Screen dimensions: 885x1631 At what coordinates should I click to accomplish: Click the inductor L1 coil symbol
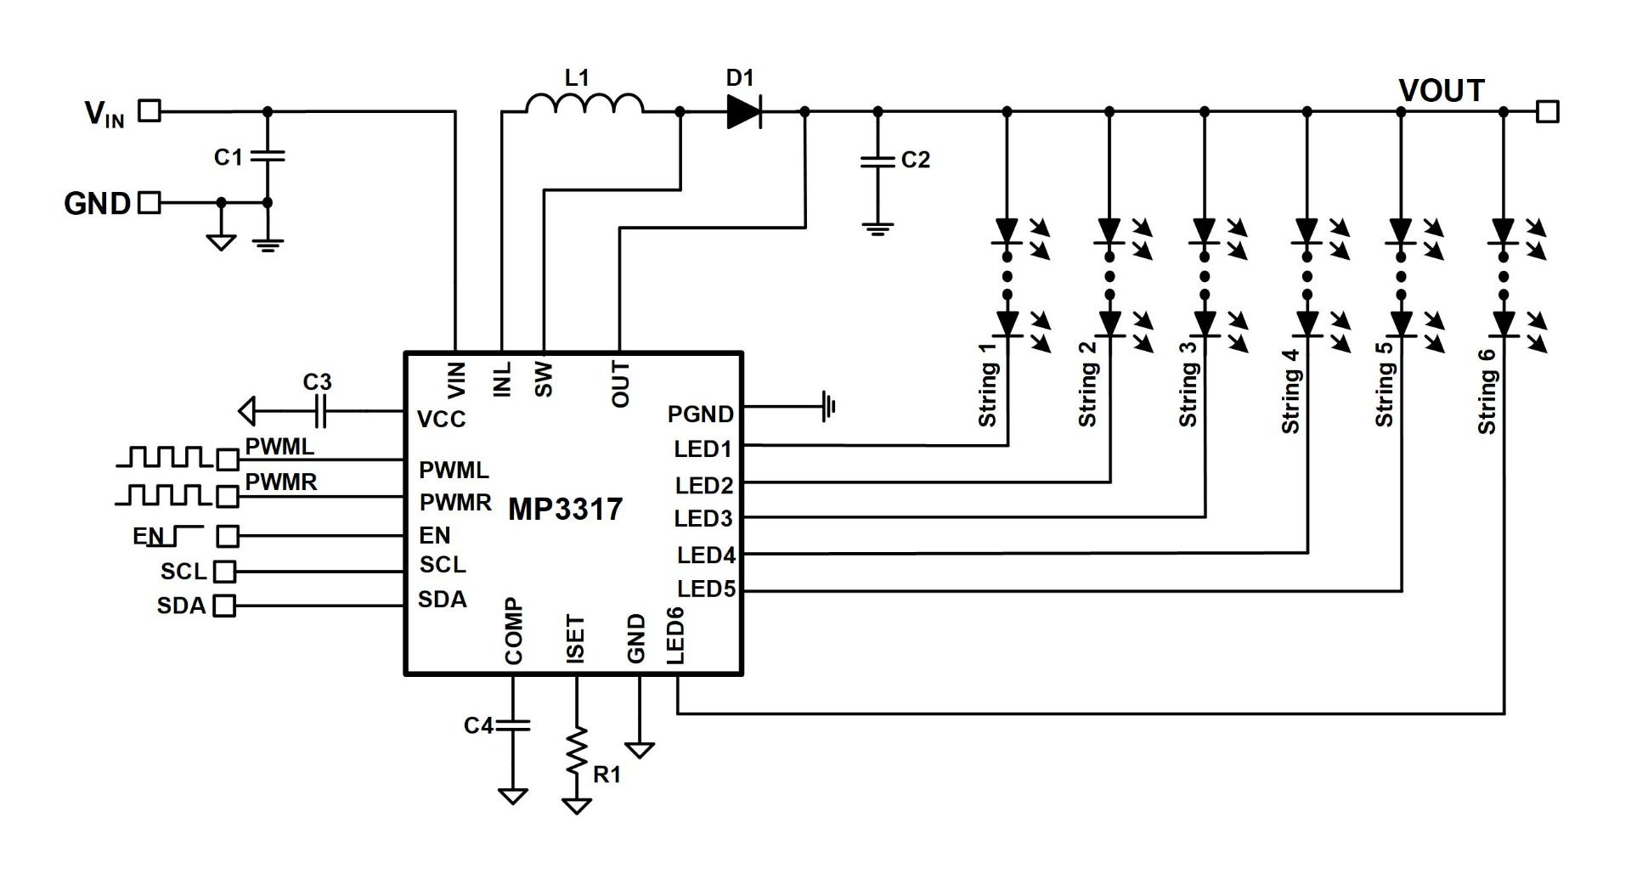click(x=584, y=104)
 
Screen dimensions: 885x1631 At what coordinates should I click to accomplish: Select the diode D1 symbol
click(x=743, y=111)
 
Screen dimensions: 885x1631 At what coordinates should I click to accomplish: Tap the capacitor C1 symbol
click(x=268, y=157)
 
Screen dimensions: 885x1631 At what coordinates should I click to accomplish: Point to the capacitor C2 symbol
click(x=878, y=161)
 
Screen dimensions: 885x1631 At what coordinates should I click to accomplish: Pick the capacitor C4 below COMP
click(x=513, y=724)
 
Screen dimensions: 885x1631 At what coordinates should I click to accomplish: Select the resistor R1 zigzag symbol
click(x=577, y=750)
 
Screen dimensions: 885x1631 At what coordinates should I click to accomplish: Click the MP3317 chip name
click(x=565, y=510)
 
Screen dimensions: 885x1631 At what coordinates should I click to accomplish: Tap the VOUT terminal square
click(x=1548, y=111)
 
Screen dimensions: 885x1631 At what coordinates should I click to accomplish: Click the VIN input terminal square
click(x=150, y=110)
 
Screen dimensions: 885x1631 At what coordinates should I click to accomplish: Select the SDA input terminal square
click(x=224, y=606)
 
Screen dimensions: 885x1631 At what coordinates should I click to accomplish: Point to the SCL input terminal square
click(x=224, y=571)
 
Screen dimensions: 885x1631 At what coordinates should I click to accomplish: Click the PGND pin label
click(x=700, y=414)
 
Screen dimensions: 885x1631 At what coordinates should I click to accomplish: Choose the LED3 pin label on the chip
click(x=703, y=518)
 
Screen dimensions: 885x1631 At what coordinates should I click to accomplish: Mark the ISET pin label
click(x=575, y=639)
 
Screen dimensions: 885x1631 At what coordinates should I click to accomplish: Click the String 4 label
click(x=1291, y=391)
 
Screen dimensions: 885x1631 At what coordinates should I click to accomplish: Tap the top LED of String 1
click(x=1007, y=230)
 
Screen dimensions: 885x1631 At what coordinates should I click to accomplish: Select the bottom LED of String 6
click(x=1504, y=324)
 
